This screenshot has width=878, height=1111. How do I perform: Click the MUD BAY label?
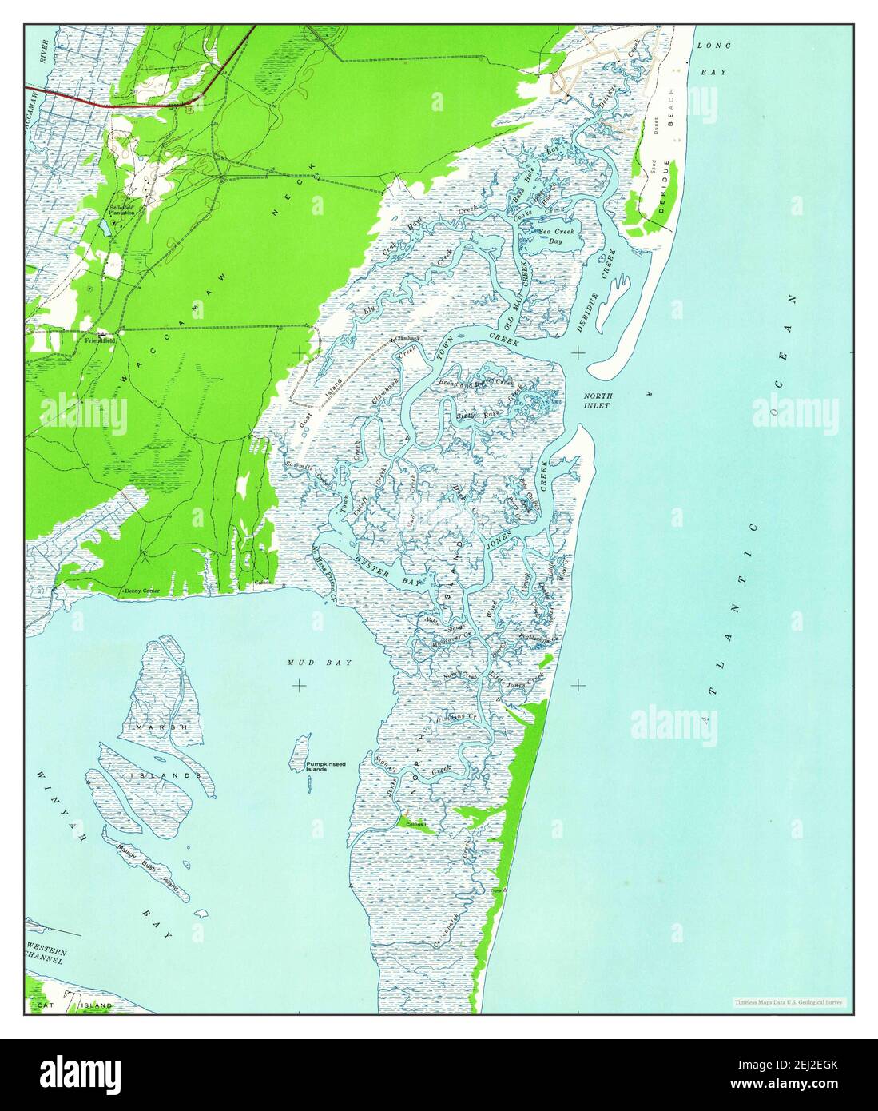pyautogui.click(x=319, y=663)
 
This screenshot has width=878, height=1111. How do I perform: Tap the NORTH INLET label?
pyautogui.click(x=597, y=401)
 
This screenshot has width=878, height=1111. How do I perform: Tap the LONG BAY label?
pyautogui.click(x=713, y=58)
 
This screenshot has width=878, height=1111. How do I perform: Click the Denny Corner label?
pyautogui.click(x=141, y=591)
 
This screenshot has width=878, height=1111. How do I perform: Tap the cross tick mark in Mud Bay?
pyautogui.click(x=299, y=685)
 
